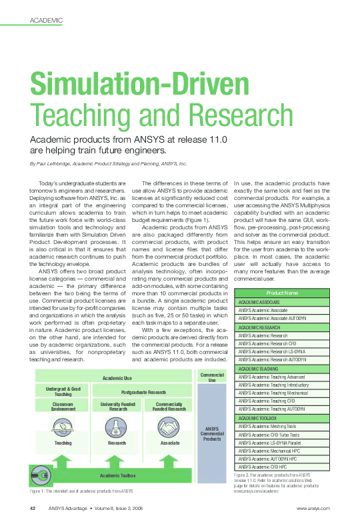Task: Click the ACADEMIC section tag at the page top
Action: click(46, 21)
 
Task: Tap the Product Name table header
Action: click(282, 293)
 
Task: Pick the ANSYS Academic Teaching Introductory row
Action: click(273, 385)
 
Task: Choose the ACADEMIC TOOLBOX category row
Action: click(261, 417)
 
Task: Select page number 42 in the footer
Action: click(32, 508)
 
